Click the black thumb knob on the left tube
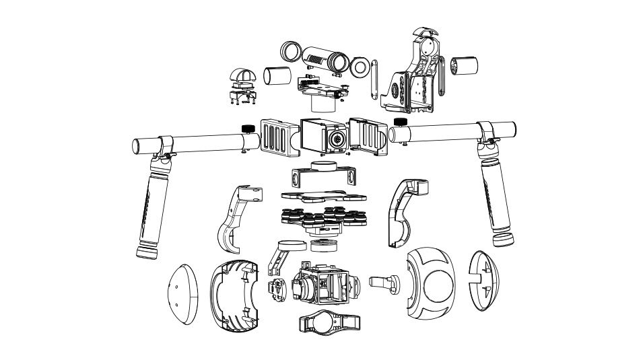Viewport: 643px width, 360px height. point(246,128)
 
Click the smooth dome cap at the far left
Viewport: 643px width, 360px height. point(182,294)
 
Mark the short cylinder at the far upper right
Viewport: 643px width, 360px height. point(465,67)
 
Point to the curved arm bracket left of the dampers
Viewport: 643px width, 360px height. point(235,214)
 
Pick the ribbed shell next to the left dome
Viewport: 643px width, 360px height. point(235,296)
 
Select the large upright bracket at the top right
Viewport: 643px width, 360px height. point(415,74)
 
